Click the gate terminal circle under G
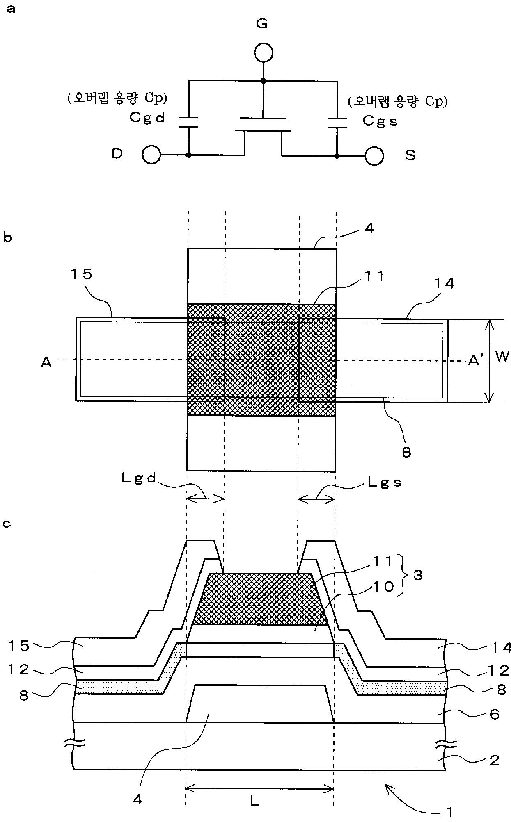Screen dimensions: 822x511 [x=263, y=53]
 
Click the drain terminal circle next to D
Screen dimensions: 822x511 [x=151, y=155]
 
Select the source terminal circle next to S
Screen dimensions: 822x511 [x=374, y=156]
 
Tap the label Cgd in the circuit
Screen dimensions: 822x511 [x=147, y=118]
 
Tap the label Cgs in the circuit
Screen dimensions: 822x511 [x=380, y=121]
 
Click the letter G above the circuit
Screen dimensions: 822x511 [x=262, y=24]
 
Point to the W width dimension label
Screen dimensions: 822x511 [x=502, y=357]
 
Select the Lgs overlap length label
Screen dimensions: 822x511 [x=384, y=483]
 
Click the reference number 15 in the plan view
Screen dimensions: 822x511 [x=82, y=274]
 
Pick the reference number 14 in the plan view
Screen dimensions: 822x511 [x=445, y=283]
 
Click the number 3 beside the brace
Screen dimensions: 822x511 [x=418, y=575]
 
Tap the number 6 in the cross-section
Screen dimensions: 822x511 [x=495, y=715]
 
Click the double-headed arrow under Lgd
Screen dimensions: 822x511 [x=206, y=499]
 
